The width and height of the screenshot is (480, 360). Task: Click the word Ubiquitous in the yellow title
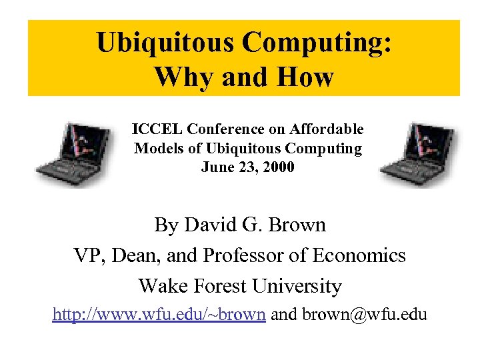coord(165,43)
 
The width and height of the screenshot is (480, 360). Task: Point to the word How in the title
coord(306,77)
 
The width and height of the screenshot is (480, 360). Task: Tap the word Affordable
coord(329,129)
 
